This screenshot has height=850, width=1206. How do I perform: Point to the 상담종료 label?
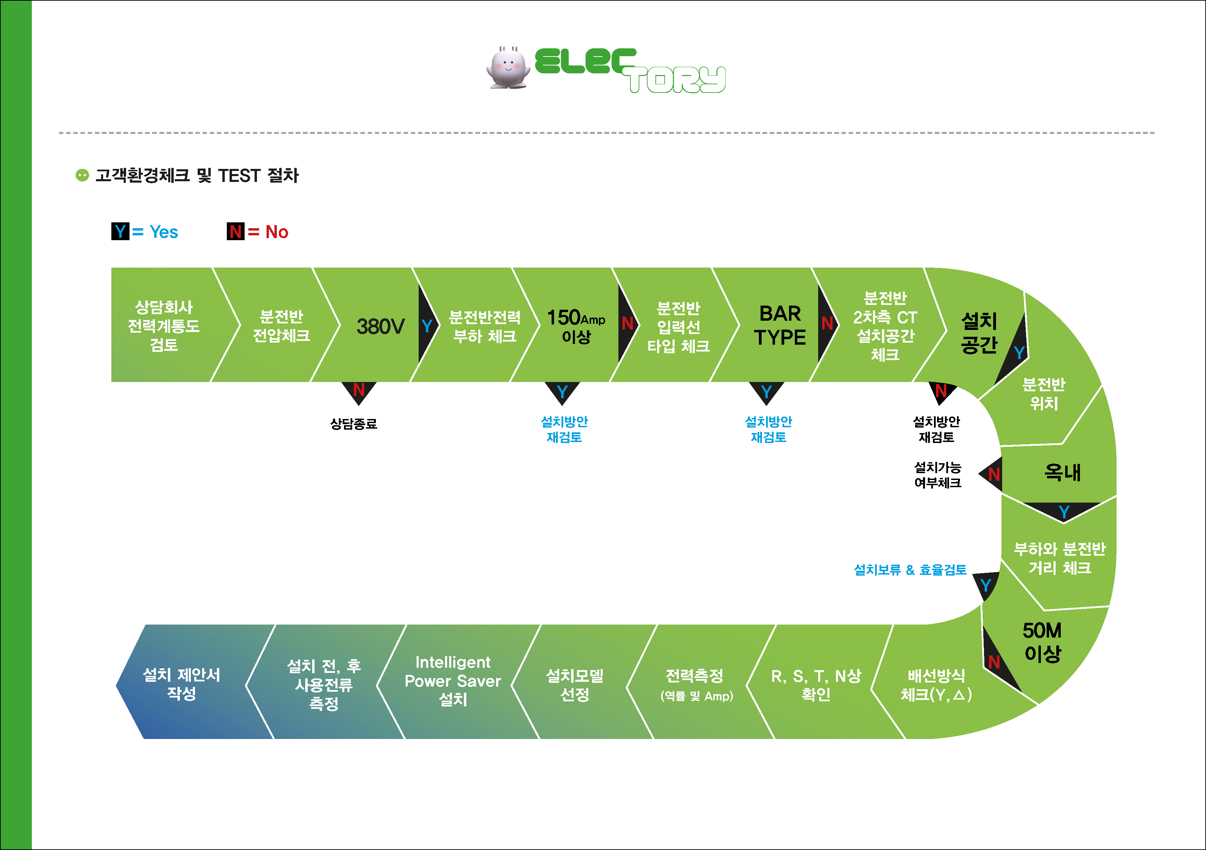coord(354,424)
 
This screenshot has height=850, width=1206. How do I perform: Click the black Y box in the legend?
coord(120,231)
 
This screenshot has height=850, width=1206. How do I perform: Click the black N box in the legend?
coord(235,231)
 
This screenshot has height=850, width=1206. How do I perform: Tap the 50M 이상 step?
coord(1043,642)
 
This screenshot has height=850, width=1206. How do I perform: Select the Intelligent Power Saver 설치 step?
coord(453,681)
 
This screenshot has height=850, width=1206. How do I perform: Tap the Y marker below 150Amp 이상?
coord(562,391)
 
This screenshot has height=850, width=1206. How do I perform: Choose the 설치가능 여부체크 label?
coord(938,475)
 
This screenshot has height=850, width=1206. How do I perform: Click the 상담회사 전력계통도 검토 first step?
coord(164,326)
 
